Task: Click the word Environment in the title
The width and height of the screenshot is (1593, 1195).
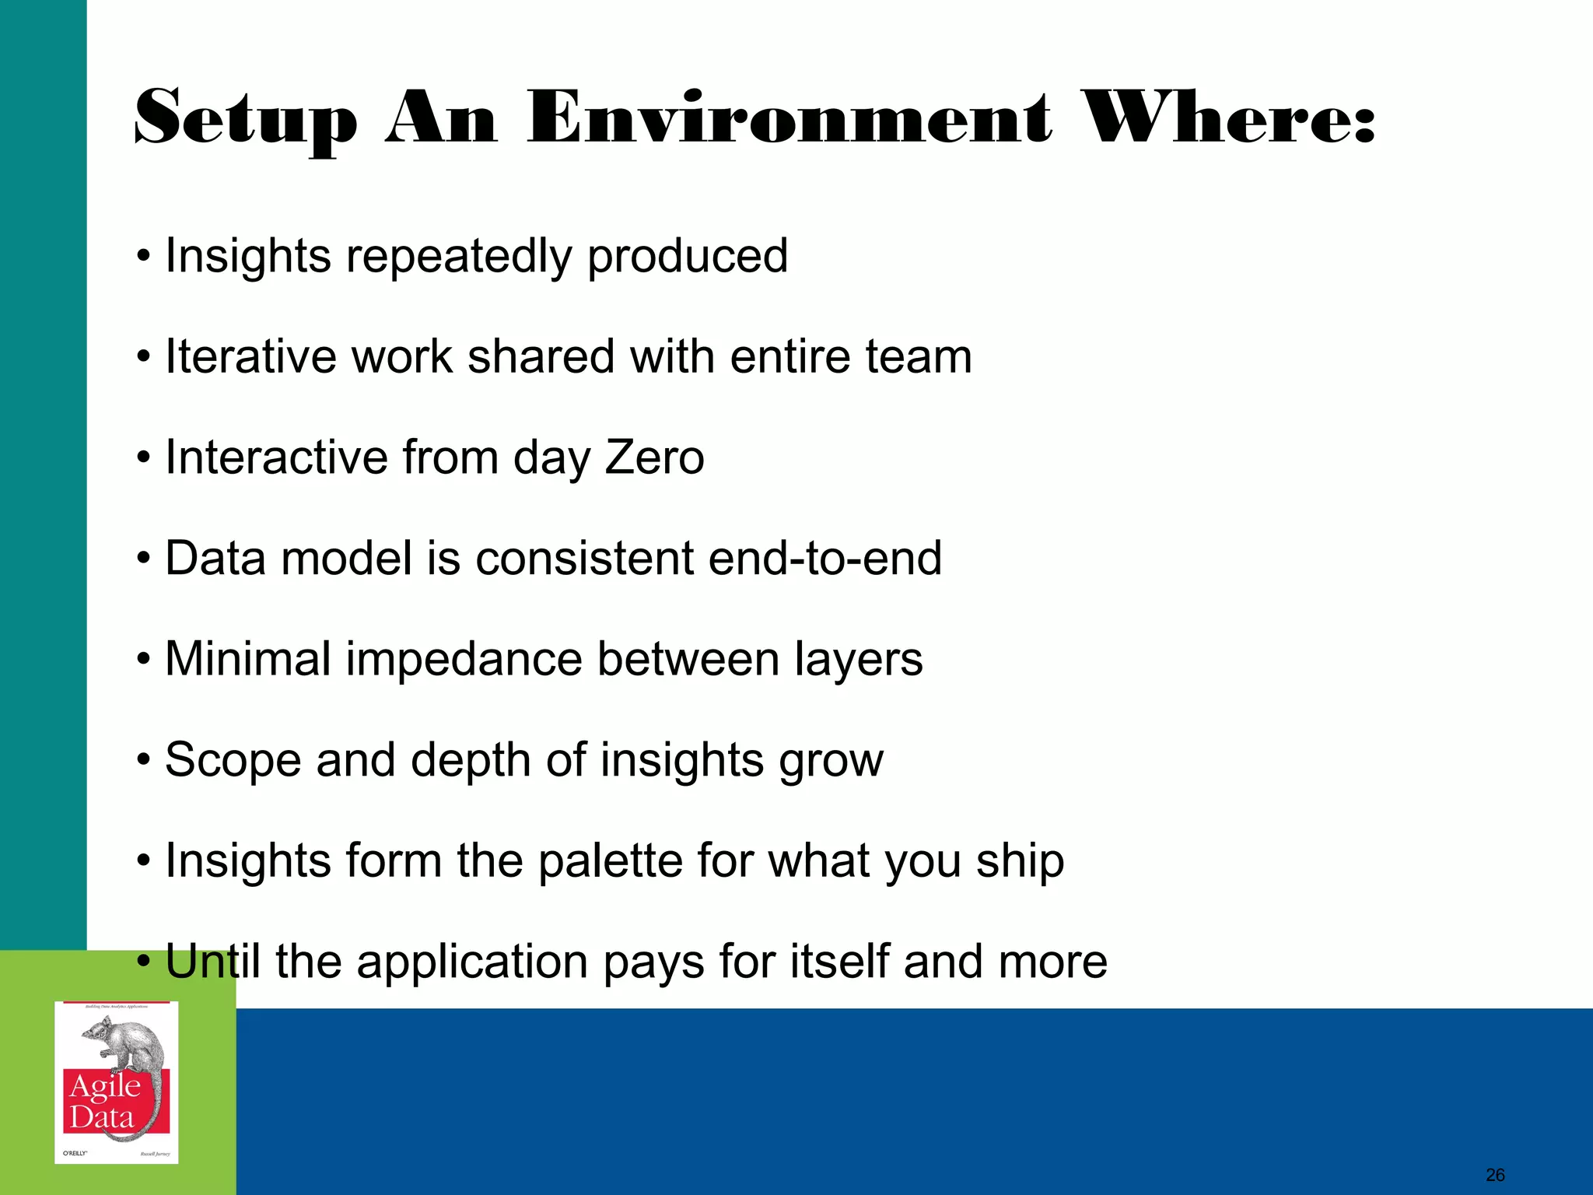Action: (x=789, y=118)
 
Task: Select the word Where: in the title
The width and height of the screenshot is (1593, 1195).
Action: (x=1229, y=118)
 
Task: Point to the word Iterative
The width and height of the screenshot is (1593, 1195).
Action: (x=250, y=357)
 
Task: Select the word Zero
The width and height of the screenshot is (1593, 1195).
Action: (x=654, y=457)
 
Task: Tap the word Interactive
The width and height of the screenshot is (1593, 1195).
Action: (x=276, y=457)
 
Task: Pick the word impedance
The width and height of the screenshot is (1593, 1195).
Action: (x=464, y=660)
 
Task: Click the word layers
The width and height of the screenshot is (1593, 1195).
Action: (x=858, y=660)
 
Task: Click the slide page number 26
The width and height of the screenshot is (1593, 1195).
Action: (x=1495, y=1175)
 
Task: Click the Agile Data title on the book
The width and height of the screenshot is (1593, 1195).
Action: (x=105, y=1102)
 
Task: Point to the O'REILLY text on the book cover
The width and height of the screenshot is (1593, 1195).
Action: (x=75, y=1153)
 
